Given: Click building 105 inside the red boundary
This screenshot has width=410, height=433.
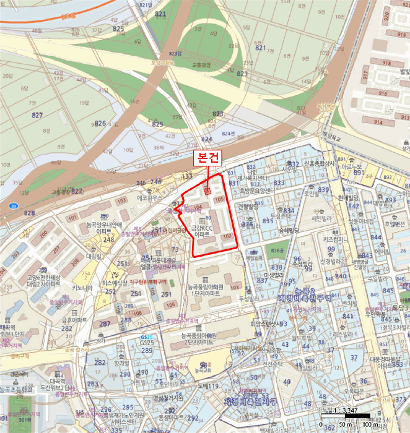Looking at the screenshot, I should click(x=219, y=199).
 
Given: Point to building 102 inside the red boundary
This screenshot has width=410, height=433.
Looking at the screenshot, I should click(x=227, y=236).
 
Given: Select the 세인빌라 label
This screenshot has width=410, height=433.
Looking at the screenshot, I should click(x=322, y=218).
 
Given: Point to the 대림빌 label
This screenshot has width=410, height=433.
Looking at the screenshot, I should click(x=94, y=255).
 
